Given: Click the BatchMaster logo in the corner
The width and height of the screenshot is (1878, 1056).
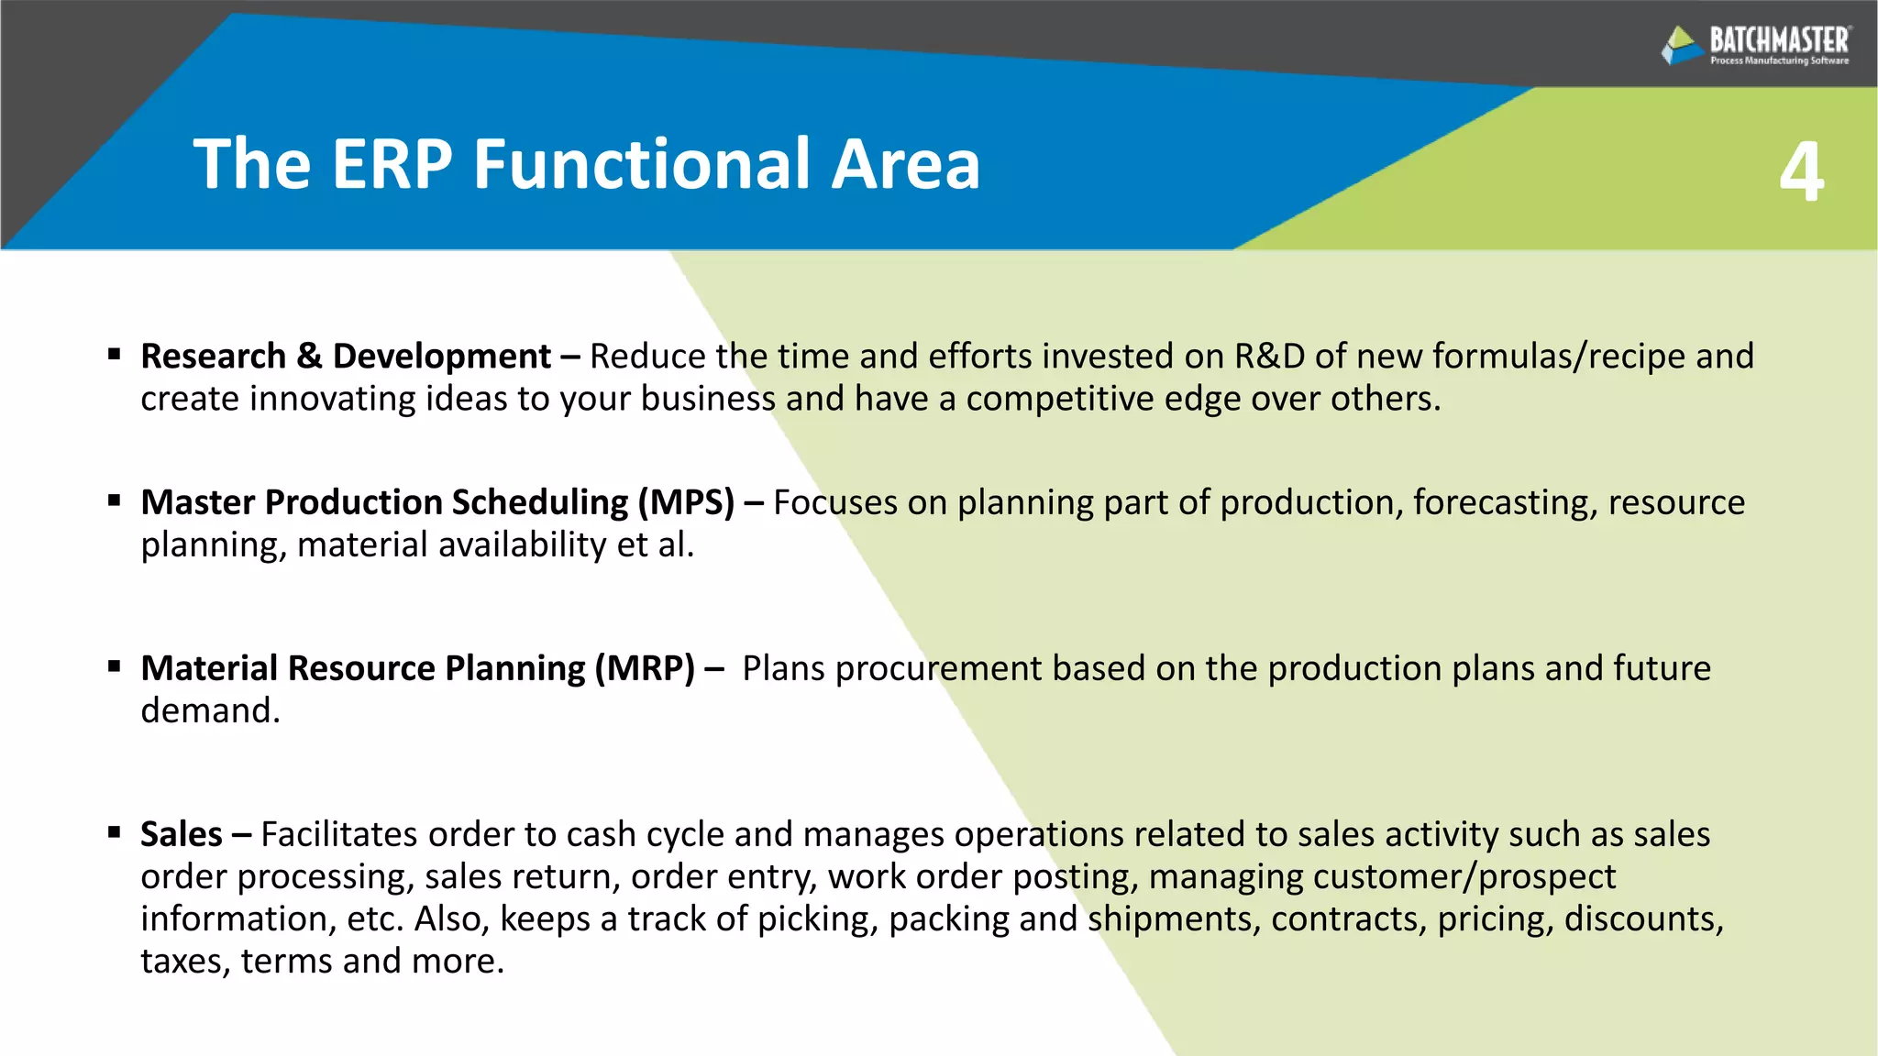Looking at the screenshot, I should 1755,45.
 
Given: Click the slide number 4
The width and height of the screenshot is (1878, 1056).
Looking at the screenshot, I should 1801,172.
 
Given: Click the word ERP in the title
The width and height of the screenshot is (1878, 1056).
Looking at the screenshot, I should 392,164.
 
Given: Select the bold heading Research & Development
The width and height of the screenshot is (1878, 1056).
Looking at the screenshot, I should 346,357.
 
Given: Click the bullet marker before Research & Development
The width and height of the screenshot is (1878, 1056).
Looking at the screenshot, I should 115,354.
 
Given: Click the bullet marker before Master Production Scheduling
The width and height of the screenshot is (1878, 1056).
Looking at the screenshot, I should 115,500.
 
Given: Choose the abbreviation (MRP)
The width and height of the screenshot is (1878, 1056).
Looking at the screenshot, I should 645,668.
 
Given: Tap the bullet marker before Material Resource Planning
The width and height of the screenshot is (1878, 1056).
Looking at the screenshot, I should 115,666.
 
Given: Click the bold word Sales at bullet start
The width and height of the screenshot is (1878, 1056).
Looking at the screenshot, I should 181,834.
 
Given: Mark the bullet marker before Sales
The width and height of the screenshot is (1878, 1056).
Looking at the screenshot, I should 115,832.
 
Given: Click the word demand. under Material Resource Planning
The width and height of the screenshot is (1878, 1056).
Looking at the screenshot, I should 210,710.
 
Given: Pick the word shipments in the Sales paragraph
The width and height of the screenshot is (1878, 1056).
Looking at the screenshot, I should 1169,918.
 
